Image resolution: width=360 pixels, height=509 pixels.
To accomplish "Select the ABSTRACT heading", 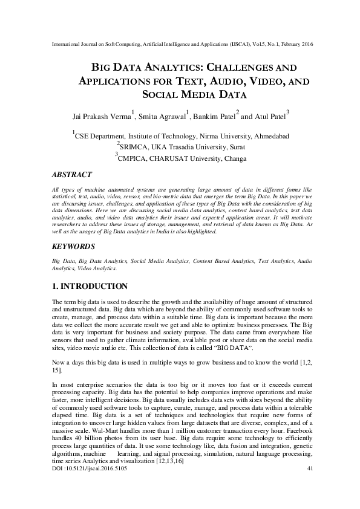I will [x=72, y=175].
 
